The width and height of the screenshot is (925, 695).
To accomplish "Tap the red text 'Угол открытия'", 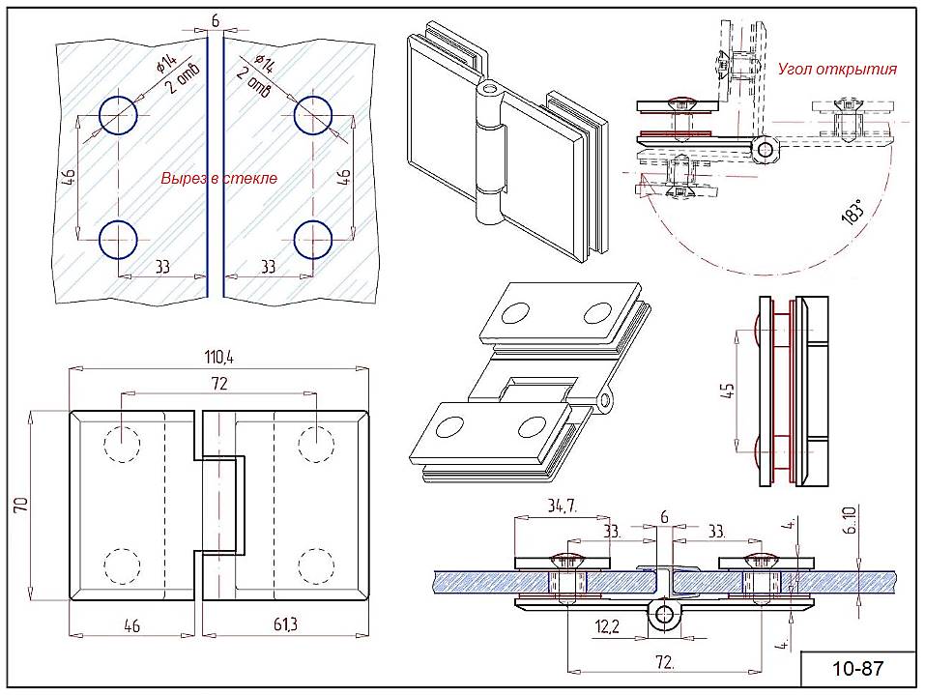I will pyautogui.click(x=837, y=69).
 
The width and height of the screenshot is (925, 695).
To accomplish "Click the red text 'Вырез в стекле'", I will pyautogui.click(x=218, y=178).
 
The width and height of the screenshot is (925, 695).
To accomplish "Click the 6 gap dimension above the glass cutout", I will pyautogui.click(x=215, y=20).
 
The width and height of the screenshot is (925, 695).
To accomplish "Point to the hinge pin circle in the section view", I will pyautogui.click(x=664, y=614).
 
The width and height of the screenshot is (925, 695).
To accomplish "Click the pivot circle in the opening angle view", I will pyautogui.click(x=766, y=149).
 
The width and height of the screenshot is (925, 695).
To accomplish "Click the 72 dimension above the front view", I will pyautogui.click(x=218, y=384).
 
